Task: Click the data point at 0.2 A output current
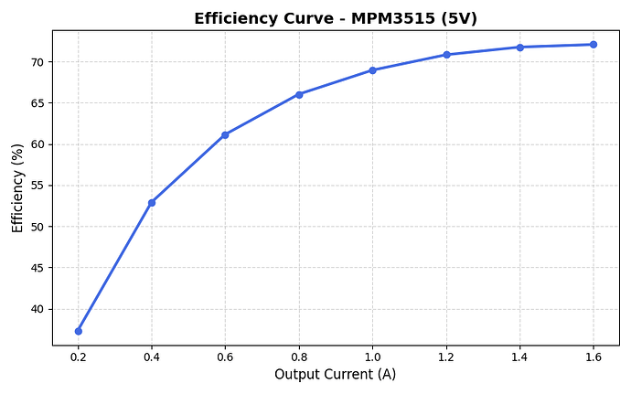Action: pyautogui.click(x=78, y=331)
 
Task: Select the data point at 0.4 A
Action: pyautogui.click(x=152, y=203)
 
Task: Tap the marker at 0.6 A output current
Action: pyautogui.click(x=225, y=135)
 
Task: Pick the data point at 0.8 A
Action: pyautogui.click(x=299, y=94)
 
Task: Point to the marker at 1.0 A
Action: pyautogui.click(x=372, y=70)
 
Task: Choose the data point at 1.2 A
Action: pyautogui.click(x=446, y=55)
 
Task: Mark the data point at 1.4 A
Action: pyautogui.click(x=519, y=48)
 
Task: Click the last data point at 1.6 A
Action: pyautogui.click(x=594, y=45)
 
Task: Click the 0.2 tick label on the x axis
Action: pyautogui.click(x=78, y=357)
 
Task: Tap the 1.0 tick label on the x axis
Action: pyautogui.click(x=372, y=357)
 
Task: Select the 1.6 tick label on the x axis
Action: pyautogui.click(x=594, y=357)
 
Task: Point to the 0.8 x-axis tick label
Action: pyautogui.click(x=299, y=357)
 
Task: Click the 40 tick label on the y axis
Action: pyautogui.click(x=37, y=309)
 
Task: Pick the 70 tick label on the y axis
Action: pyautogui.click(x=37, y=62)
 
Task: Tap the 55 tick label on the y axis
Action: pyautogui.click(x=37, y=186)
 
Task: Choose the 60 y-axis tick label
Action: pyautogui.click(x=37, y=144)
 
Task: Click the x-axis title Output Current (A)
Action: pyautogui.click(x=336, y=375)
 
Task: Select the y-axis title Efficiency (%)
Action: pyautogui.click(x=17, y=187)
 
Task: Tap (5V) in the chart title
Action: pyautogui.click(x=458, y=18)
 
